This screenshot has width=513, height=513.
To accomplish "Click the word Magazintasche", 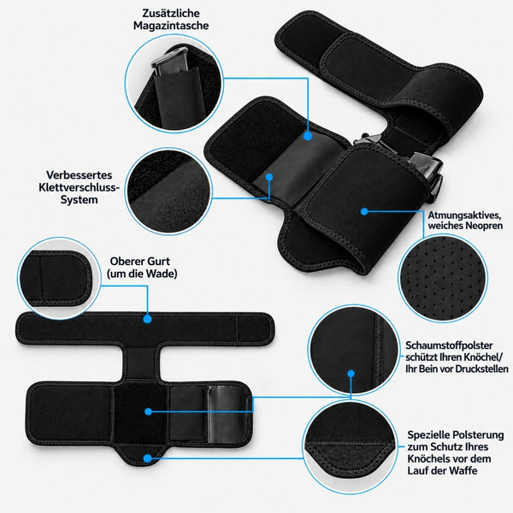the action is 171,26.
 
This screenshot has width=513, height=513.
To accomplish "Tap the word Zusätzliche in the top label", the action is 171,13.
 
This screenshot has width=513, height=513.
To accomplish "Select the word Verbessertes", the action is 80,175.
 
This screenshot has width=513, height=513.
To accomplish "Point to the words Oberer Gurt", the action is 139,262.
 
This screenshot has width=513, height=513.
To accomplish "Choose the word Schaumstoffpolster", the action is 449,345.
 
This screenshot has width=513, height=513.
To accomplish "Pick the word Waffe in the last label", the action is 463,470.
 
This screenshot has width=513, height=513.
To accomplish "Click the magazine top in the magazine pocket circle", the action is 169,60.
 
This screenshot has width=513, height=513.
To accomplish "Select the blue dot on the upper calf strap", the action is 147,319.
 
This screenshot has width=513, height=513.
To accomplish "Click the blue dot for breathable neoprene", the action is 364,211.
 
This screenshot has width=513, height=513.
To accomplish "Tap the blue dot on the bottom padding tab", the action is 148,458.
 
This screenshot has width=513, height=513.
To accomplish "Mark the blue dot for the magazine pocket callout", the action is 308,136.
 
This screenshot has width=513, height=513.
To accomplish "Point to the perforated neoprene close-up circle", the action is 443,278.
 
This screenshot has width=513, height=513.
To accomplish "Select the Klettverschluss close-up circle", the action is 168,191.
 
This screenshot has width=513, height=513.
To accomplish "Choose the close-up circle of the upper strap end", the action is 59,279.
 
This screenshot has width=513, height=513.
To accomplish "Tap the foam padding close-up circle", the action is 353,350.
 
